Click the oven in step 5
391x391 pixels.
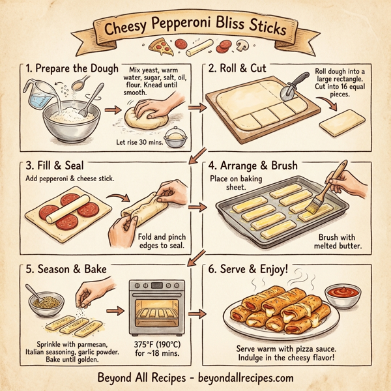156,306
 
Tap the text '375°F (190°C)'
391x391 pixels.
159,344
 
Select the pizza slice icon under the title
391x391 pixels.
158,45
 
